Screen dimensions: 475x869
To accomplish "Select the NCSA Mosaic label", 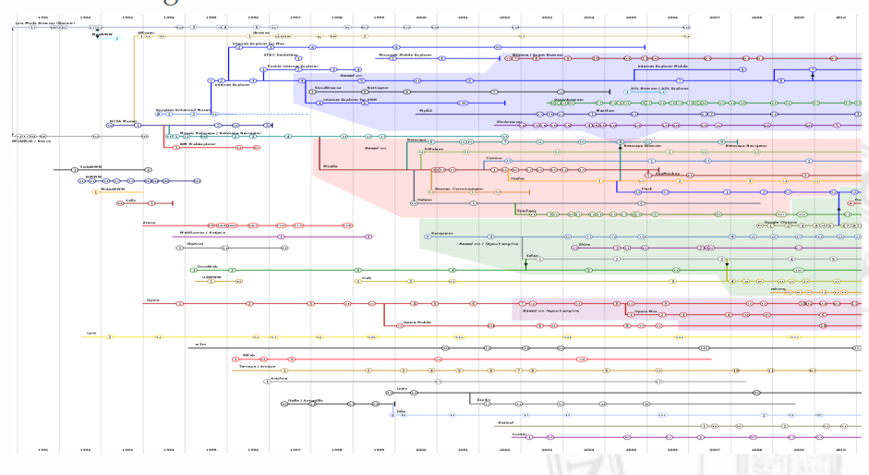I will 123,120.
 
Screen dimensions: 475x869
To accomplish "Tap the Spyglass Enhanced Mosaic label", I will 183,109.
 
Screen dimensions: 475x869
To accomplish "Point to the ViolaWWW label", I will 90,166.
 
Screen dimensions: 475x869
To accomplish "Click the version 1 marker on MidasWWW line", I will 95,192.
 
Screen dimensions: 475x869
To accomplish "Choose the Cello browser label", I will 130,200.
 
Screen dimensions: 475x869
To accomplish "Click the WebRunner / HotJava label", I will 202,232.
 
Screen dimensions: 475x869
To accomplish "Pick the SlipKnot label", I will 195,244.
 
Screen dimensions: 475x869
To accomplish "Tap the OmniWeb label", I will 207,266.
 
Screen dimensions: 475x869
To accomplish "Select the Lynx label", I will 91,333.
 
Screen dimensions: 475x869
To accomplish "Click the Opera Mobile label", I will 417,322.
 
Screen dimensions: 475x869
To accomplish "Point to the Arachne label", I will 279,377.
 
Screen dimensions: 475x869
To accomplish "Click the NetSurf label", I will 505,422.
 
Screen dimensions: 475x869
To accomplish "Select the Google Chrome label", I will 780,222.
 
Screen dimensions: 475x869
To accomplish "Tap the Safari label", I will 532,255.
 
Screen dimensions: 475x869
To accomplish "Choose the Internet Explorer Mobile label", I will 662,66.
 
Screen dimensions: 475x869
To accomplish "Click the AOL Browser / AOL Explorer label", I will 666,89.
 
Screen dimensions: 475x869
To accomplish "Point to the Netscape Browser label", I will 642,145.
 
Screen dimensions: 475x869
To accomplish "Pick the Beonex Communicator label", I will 454,187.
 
